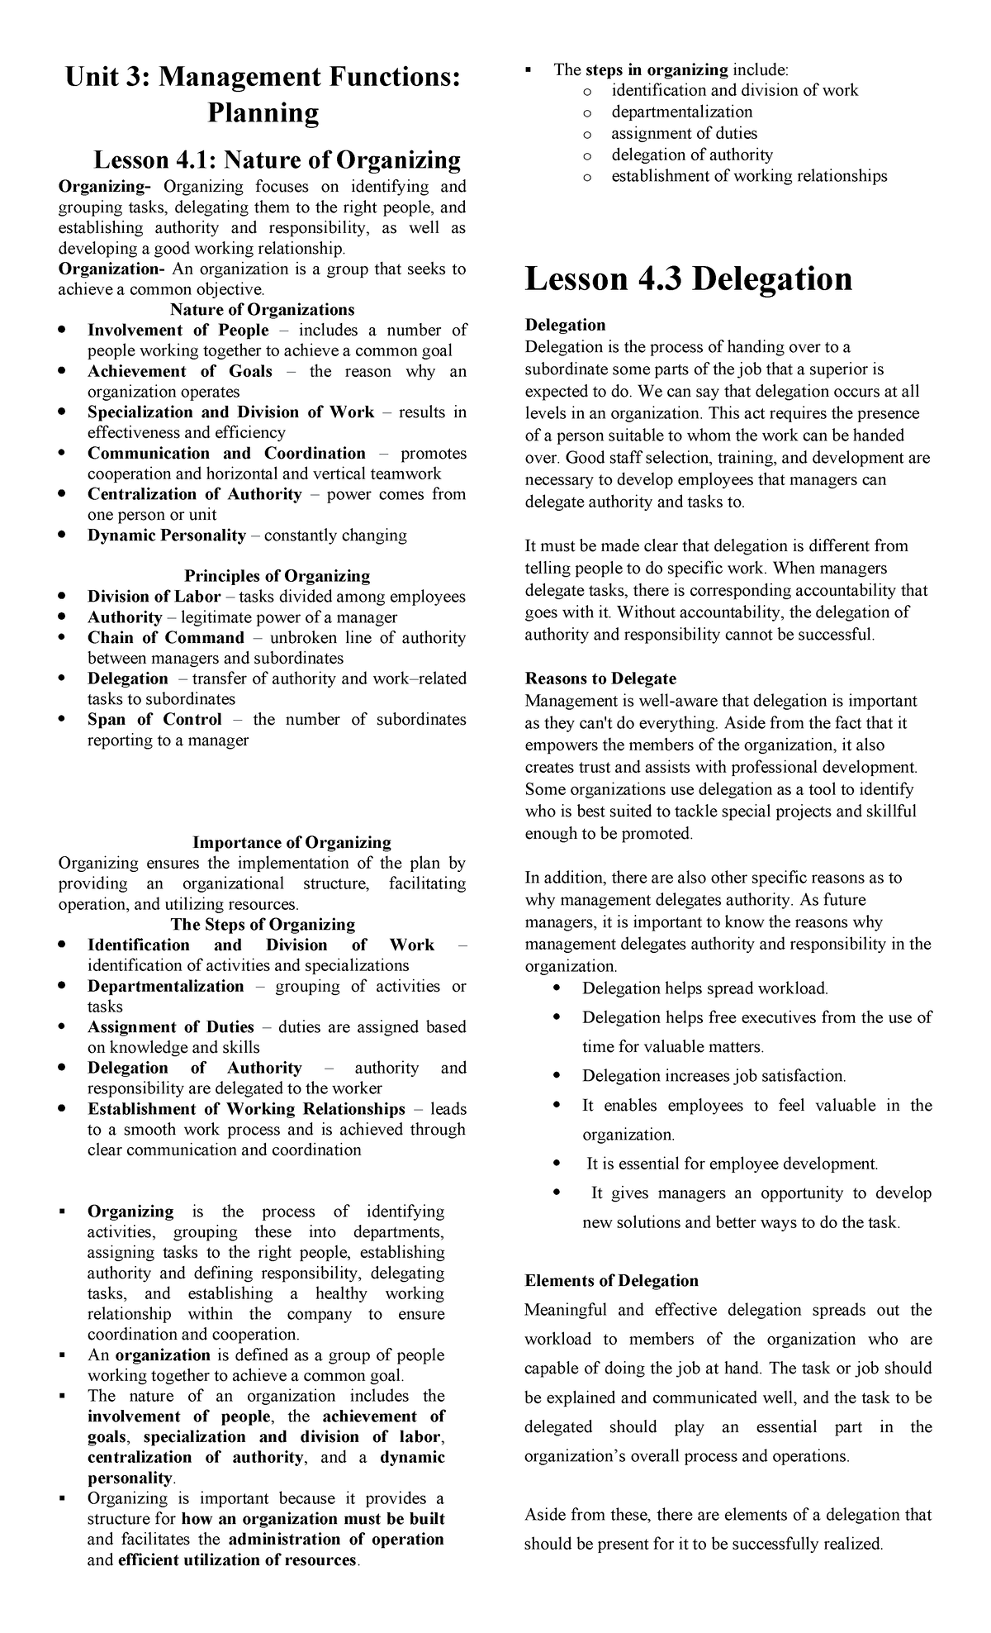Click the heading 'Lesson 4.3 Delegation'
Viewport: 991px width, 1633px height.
pos(689,279)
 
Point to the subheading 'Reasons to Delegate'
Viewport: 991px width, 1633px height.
pos(600,678)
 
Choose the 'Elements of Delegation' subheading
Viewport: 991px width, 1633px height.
pos(611,1281)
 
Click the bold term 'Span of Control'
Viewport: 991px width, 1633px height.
pos(154,720)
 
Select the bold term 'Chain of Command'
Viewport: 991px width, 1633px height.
pos(166,638)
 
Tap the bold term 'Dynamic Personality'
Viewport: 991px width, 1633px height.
pos(167,536)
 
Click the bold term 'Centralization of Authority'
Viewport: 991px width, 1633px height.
pos(195,494)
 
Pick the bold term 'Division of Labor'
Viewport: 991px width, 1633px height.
pos(154,597)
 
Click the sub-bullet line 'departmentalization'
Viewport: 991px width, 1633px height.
pos(681,112)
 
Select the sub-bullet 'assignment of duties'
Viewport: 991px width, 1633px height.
pos(684,133)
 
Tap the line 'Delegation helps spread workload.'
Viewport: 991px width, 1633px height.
pos(704,988)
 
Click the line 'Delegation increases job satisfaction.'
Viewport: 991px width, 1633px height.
pos(714,1076)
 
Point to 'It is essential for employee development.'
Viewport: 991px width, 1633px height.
pos(732,1164)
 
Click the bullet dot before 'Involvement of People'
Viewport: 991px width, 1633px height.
pos(62,331)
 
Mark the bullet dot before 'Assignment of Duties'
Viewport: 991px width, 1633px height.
pos(62,1027)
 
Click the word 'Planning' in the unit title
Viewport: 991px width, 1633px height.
pos(263,113)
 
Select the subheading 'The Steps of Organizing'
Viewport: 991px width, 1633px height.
pos(263,925)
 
